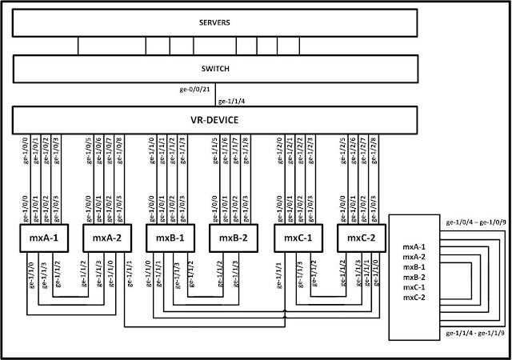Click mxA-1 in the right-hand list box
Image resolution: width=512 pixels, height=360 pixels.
pyautogui.click(x=415, y=248)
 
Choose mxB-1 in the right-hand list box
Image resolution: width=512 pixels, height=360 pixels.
pyautogui.click(x=415, y=267)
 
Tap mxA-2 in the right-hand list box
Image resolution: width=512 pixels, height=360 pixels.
pyautogui.click(x=415, y=258)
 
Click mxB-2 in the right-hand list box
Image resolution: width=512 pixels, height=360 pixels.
pyautogui.click(x=415, y=277)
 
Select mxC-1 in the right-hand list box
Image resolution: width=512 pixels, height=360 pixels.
pyautogui.click(x=415, y=286)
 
